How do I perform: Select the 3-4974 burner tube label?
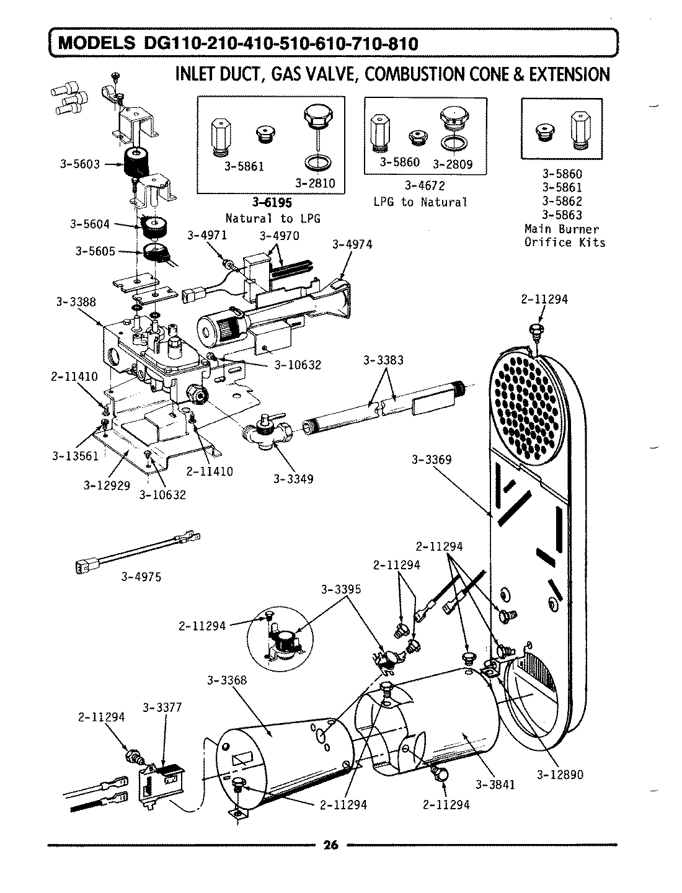click(352, 244)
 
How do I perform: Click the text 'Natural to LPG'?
click(272, 218)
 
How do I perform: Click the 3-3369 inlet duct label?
click(432, 460)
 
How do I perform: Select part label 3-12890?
click(560, 775)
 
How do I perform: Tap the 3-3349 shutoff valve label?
click(293, 479)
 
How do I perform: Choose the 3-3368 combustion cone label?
click(227, 680)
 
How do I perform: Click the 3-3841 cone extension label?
click(495, 784)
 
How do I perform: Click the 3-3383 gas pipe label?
click(383, 360)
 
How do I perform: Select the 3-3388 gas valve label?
click(76, 302)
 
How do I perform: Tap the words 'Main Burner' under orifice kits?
click(561, 229)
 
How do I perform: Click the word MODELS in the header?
click(96, 43)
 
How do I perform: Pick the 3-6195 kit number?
click(272, 203)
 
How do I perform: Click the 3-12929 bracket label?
click(107, 486)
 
